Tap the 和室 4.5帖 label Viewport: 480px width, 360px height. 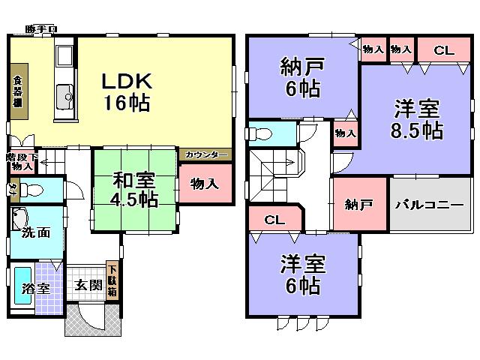[136, 190]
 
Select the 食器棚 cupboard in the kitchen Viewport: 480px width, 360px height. [18, 94]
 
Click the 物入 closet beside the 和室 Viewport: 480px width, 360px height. [204, 184]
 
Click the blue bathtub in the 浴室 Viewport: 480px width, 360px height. [22, 286]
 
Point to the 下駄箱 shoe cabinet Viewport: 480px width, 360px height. [112, 280]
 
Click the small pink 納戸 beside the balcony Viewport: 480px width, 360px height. [359, 204]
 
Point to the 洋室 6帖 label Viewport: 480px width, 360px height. [302, 274]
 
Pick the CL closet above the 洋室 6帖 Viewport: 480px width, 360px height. [274, 220]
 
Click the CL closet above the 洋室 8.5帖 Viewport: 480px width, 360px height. [444, 50]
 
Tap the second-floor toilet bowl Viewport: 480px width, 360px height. [262, 133]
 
